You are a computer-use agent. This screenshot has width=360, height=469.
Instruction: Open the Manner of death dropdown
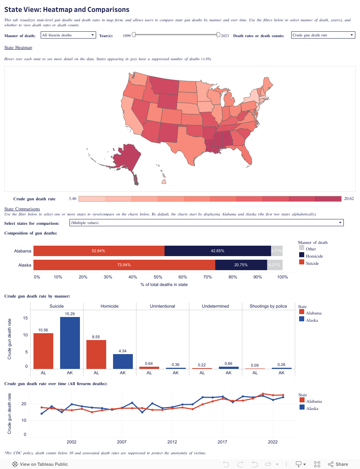coord(68,35)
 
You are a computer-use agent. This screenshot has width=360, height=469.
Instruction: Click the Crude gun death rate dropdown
coord(323,35)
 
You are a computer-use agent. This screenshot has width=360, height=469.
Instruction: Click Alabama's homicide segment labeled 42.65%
coord(217,251)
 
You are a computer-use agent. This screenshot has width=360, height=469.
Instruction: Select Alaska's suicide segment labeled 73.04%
coord(124,265)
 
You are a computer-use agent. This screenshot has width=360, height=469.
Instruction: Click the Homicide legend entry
coord(314,256)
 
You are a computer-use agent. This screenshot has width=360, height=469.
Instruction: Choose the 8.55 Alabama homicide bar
coord(96,354)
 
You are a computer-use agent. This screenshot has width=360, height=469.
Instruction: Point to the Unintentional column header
coord(162,306)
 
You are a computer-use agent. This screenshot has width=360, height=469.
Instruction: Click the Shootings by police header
coord(268,306)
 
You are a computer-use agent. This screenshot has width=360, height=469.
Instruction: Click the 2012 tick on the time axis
coord(172,442)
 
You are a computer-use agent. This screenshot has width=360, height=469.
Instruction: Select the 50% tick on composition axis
coord(158,277)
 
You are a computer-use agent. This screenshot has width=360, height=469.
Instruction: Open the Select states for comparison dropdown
coord(206,223)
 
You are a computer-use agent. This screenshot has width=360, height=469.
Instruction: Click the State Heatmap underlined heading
coord(18,48)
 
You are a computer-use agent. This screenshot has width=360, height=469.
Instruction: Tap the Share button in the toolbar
coord(338,464)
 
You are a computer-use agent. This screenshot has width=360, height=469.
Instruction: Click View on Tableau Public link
coord(40,464)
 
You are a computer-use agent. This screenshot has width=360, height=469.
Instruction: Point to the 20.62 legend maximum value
coord(349,198)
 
